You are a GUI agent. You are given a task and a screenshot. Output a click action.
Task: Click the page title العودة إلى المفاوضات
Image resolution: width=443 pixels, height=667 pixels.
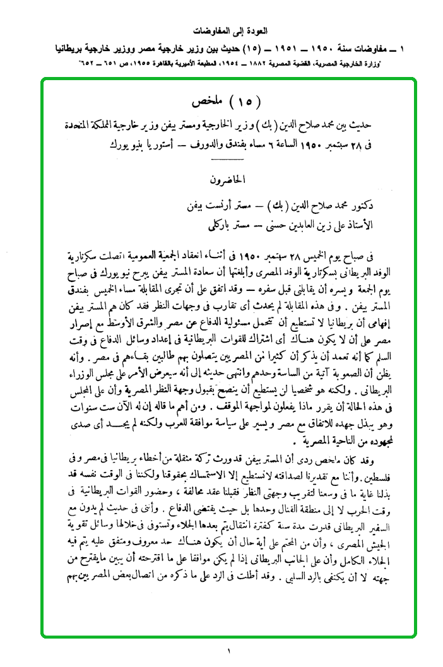pyautogui.click(x=221, y=30)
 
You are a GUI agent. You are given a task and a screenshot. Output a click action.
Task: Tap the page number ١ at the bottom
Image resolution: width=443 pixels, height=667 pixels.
pyautogui.click(x=222, y=649)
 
